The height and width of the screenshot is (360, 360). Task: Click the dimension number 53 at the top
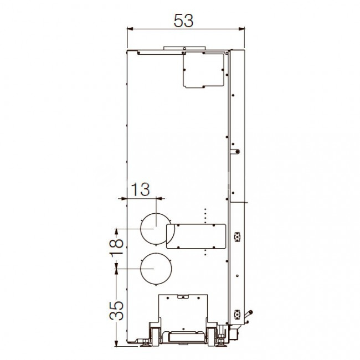coord(183,20)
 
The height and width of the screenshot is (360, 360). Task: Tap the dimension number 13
coord(140,189)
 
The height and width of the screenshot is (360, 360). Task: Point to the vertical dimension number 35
coord(116,311)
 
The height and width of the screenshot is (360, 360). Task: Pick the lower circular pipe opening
coord(156,269)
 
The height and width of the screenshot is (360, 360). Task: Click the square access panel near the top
coord(203,69)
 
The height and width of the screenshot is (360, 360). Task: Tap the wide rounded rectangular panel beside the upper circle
coord(196,236)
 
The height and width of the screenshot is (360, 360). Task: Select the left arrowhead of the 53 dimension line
coord(130,29)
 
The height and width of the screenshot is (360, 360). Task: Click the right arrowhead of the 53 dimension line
coord(241,29)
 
